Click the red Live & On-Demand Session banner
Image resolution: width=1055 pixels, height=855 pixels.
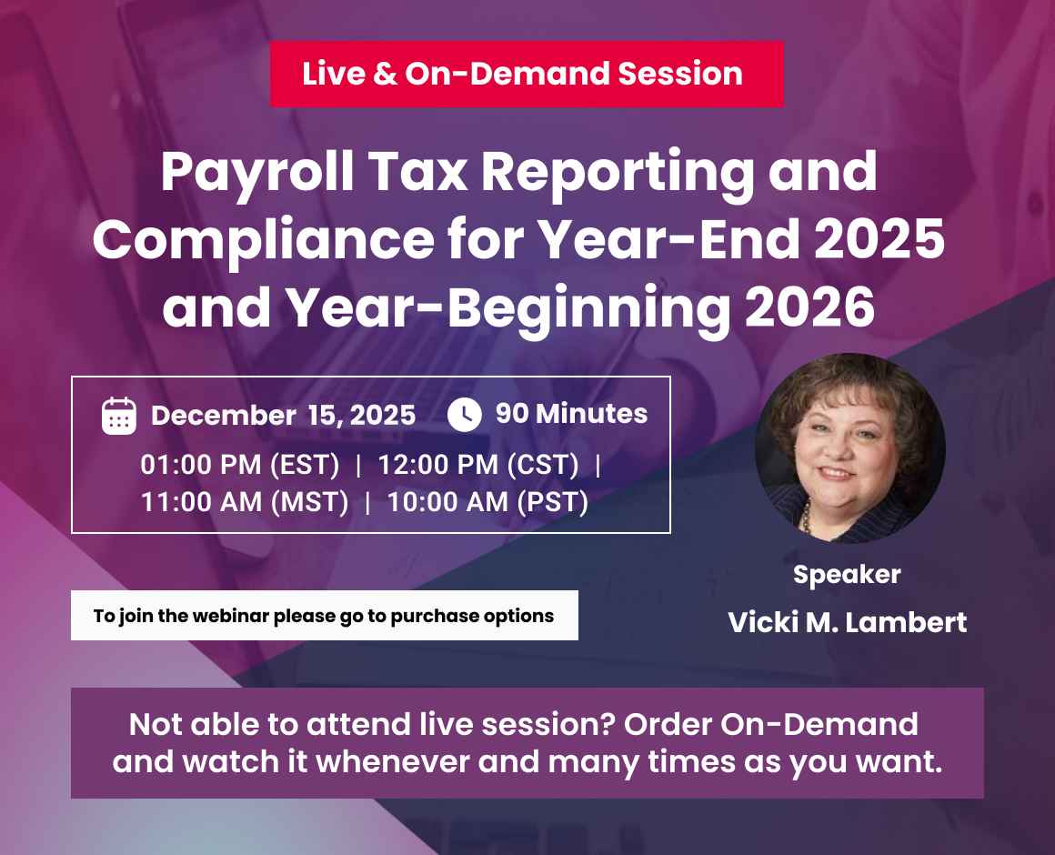pyautogui.click(x=527, y=74)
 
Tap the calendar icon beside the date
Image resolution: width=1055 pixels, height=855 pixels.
pyautogui.click(x=119, y=416)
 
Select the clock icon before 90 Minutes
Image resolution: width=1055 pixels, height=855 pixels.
pyautogui.click(x=465, y=415)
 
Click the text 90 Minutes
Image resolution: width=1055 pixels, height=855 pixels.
pyautogui.click(x=571, y=414)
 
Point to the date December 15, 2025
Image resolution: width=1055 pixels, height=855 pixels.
pyautogui.click(x=283, y=416)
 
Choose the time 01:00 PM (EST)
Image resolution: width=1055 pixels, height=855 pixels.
pyautogui.click(x=240, y=465)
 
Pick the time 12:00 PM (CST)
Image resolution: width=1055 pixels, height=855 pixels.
pyautogui.click(x=478, y=465)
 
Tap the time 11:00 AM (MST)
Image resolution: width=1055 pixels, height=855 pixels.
pyautogui.click(x=245, y=501)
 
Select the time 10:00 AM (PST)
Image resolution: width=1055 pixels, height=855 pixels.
pyautogui.click(x=487, y=501)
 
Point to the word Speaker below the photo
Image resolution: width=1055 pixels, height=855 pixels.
pyautogui.click(x=847, y=575)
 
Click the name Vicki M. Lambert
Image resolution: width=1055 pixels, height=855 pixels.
pyautogui.click(x=847, y=623)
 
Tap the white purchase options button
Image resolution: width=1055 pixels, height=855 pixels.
pyautogui.click(x=324, y=616)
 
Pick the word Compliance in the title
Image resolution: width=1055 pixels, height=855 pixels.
pyautogui.click(x=264, y=240)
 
